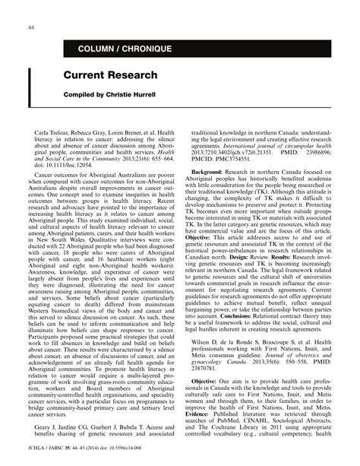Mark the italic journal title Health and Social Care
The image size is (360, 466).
click(x=162, y=151)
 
